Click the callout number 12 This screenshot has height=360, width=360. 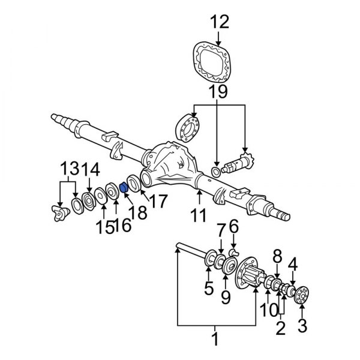[x=220, y=23]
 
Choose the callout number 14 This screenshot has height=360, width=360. [x=91, y=168]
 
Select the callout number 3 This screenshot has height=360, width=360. [x=302, y=326]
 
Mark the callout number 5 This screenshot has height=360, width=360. [x=208, y=289]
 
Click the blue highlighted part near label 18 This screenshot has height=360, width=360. [x=124, y=187]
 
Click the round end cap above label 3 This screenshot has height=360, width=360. [x=302, y=296]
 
